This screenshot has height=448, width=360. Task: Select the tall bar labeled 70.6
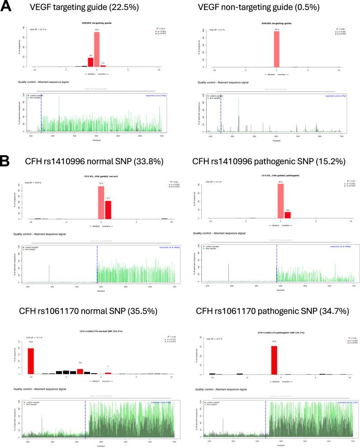pos(97,49)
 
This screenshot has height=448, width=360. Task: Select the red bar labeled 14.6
pos(287,215)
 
